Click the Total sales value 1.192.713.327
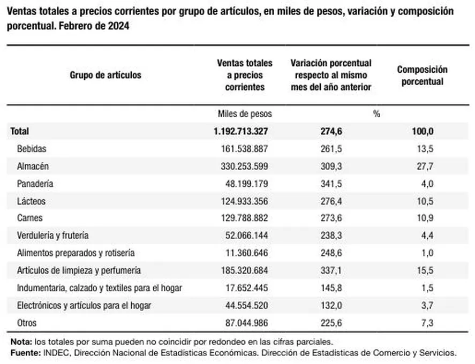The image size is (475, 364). pos(241,131)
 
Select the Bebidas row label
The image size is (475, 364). pos(32,149)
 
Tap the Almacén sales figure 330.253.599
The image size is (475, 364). pos(245,166)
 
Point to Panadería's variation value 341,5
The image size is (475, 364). pos(331,184)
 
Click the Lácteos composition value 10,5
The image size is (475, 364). pos(425,201)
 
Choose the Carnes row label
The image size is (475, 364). pos(30,218)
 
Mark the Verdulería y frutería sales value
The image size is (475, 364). pos(246,236)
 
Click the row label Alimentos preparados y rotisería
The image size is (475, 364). pos(76,253)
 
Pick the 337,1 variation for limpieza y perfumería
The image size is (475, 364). pos(331,270)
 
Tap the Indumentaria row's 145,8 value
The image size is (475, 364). pos(331,287)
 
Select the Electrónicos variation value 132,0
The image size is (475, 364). pos(331,305)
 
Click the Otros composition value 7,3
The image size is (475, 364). pos(427,323)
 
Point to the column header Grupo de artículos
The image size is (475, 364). pos(105,75)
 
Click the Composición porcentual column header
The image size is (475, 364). pos(423,75)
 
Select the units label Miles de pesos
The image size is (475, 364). pos(245,114)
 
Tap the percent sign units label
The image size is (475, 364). pos(376,114)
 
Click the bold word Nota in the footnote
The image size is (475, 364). pos(21,342)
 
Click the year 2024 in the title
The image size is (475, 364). pos(118,26)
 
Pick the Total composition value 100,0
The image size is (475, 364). pos(423,131)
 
